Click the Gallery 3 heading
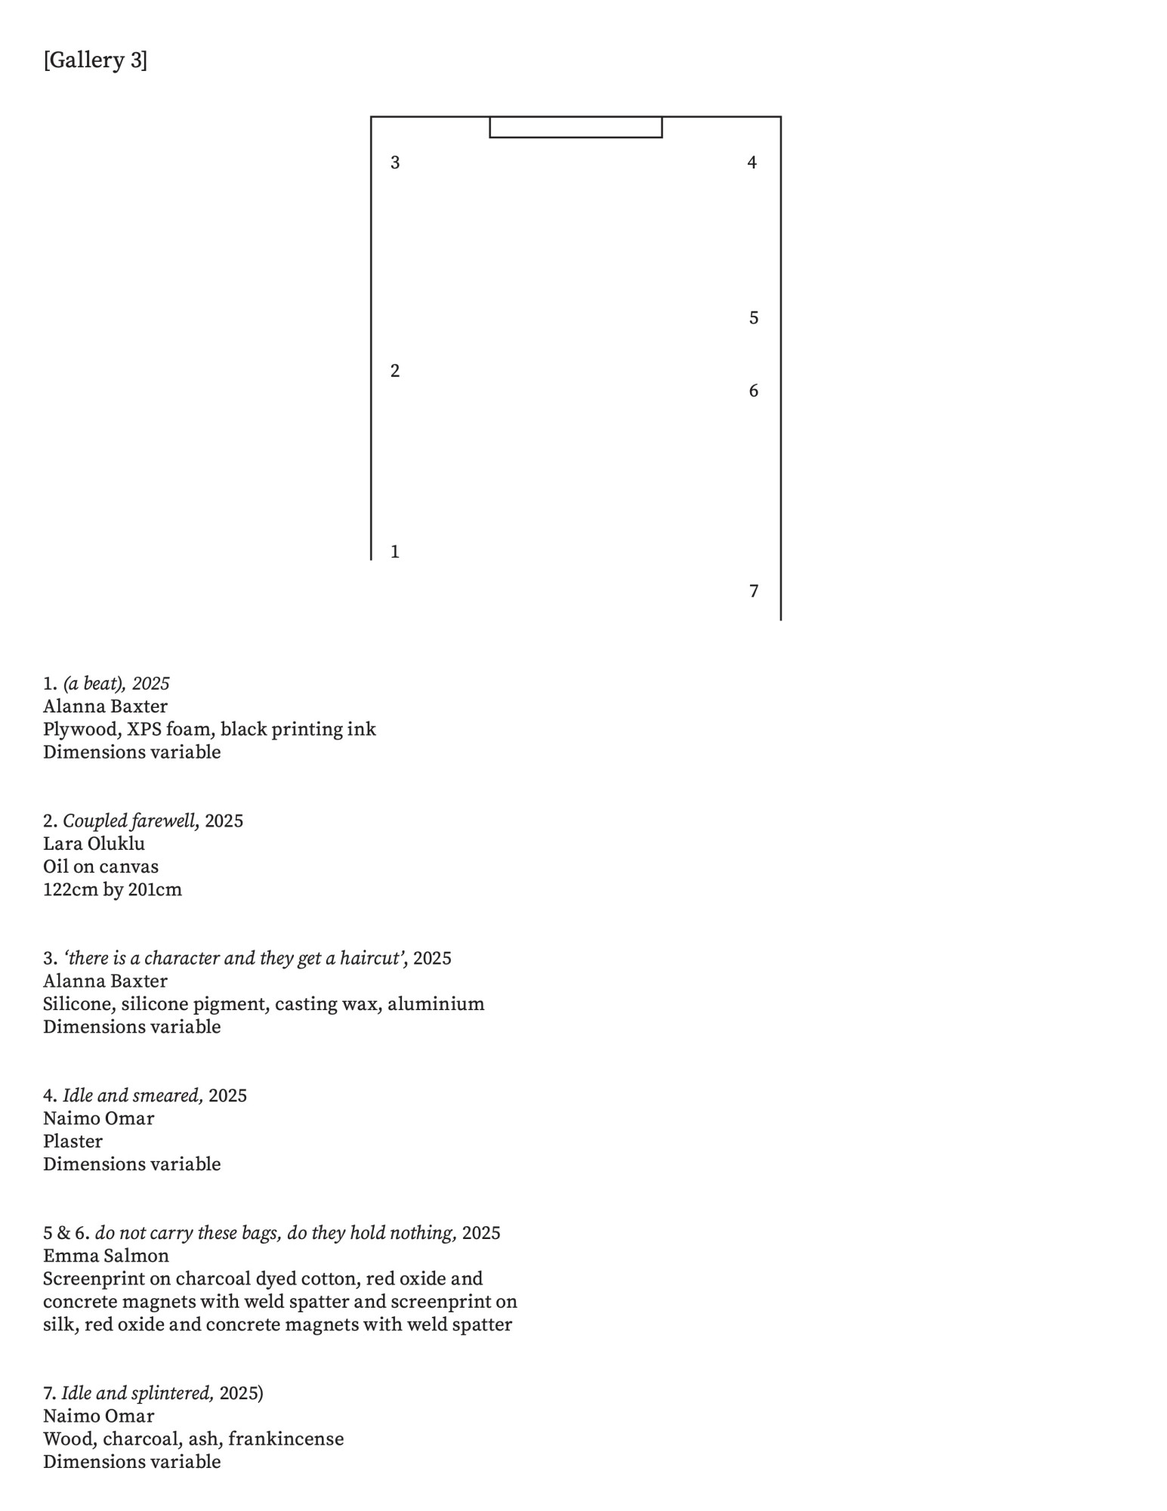click(x=95, y=60)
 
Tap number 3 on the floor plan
click(x=395, y=162)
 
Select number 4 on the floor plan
click(x=752, y=162)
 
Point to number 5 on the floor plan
click(x=753, y=318)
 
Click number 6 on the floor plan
click(x=753, y=391)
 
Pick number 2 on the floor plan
click(x=395, y=371)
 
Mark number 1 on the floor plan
click(x=395, y=552)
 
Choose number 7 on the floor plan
click(x=753, y=591)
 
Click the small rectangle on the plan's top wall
click(x=576, y=128)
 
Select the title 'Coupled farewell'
click(x=130, y=821)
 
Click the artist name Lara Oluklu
click(x=94, y=844)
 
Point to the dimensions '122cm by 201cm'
click(x=113, y=890)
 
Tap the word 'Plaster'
click(x=73, y=1142)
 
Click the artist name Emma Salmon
click(x=106, y=1256)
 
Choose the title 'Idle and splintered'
click(x=137, y=1393)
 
